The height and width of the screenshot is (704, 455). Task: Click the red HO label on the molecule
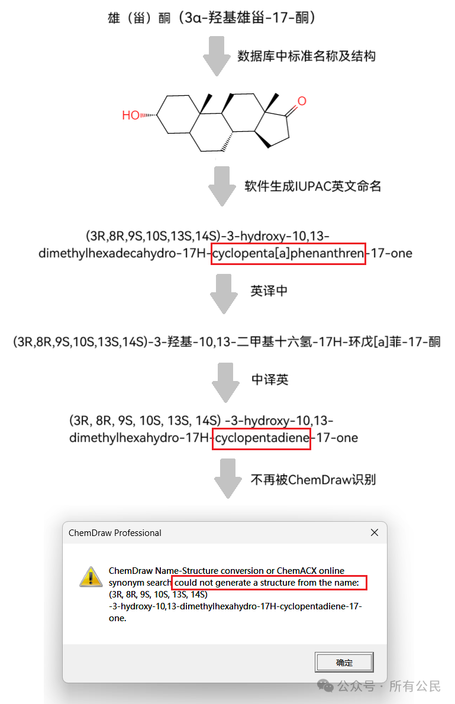click(x=131, y=115)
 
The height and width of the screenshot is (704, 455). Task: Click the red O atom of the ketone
click(x=302, y=101)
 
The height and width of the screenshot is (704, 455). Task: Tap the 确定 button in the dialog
click(x=344, y=663)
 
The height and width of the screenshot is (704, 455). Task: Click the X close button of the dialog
click(x=374, y=532)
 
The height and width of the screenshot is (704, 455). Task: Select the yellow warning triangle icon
click(x=91, y=576)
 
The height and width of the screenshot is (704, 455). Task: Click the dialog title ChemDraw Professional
click(x=115, y=533)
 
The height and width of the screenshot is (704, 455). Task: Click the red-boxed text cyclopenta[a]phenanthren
click(x=288, y=254)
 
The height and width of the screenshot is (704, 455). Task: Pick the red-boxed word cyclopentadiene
click(x=262, y=438)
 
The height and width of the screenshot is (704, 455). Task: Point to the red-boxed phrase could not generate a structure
click(x=269, y=583)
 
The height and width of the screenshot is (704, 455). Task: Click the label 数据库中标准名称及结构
click(x=306, y=56)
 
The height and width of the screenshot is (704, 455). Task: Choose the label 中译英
click(x=270, y=379)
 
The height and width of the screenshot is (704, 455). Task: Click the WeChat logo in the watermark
click(x=325, y=686)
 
